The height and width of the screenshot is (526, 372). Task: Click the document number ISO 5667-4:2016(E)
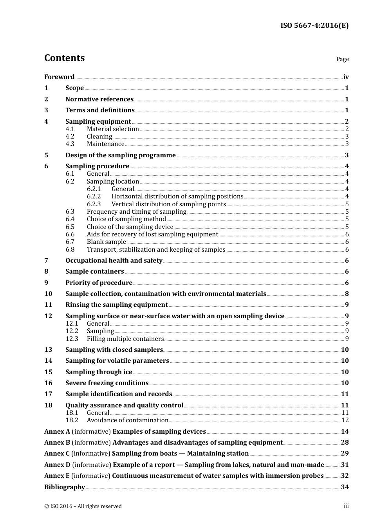click(314, 26)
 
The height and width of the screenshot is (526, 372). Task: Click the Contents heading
click(64, 58)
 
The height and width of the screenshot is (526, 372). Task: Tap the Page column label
click(342, 59)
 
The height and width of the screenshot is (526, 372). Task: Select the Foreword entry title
click(59, 77)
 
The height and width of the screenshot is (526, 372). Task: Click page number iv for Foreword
click(346, 77)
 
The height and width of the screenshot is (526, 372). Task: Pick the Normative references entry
click(99, 99)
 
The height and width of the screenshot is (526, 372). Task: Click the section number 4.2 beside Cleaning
click(70, 137)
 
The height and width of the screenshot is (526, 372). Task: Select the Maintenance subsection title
click(105, 144)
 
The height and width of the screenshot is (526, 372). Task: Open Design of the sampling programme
click(121, 155)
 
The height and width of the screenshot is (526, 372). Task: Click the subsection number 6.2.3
click(94, 204)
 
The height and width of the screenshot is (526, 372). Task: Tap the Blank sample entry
click(107, 242)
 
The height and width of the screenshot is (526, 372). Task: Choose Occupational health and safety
click(114, 261)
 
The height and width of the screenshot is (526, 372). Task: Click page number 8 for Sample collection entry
click(347, 294)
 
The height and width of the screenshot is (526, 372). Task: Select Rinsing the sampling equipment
click(117, 305)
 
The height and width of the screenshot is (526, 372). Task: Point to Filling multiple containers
click(125, 339)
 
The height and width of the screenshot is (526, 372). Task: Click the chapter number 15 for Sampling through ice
click(48, 372)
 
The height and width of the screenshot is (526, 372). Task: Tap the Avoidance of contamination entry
click(128, 420)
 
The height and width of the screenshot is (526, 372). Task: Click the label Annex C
click(57, 454)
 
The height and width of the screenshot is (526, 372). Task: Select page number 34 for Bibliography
click(345, 487)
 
